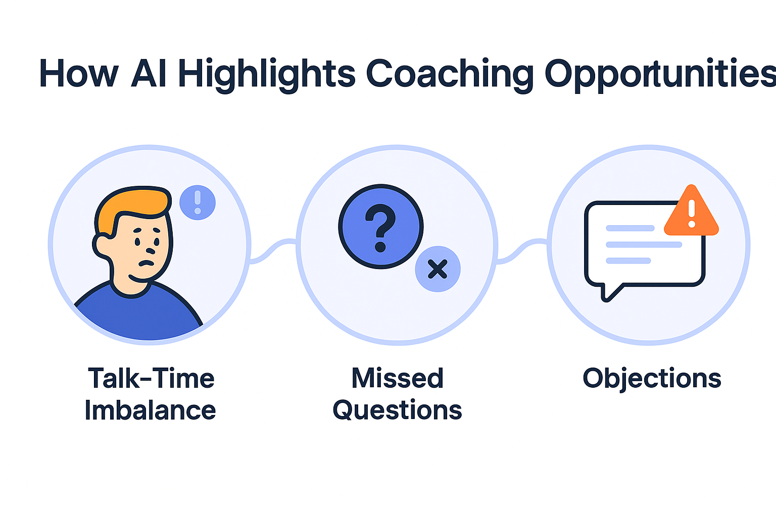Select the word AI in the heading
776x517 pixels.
coord(149,74)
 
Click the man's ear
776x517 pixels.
coord(103,244)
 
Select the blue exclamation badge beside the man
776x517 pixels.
coord(198,202)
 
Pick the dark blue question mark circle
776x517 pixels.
coord(380,226)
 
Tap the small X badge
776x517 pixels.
coord(438,269)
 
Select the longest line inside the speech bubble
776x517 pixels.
coord(644,245)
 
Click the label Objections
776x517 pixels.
coord(652,378)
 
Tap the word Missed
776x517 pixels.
coord(398,378)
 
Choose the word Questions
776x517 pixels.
coord(398,410)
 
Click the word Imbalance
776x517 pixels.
coord(150,410)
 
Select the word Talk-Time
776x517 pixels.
coord(151,378)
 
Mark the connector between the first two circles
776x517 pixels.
coord(273,250)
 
